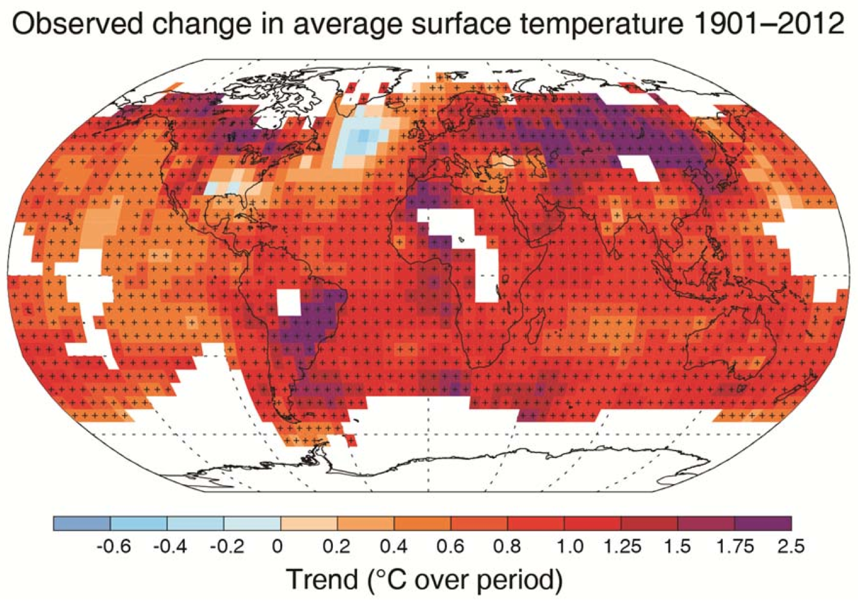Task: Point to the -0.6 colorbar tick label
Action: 114,546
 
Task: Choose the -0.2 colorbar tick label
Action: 227,546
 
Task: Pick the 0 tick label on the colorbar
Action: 277,546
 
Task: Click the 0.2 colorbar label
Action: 337,546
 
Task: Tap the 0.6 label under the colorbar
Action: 450,546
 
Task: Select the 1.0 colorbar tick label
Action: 569,546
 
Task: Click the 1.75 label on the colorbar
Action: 736,546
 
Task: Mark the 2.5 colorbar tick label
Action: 791,546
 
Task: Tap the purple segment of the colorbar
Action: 763,523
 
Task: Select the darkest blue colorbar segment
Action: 82,523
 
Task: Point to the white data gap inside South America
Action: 288,303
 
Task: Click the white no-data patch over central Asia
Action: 639,167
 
